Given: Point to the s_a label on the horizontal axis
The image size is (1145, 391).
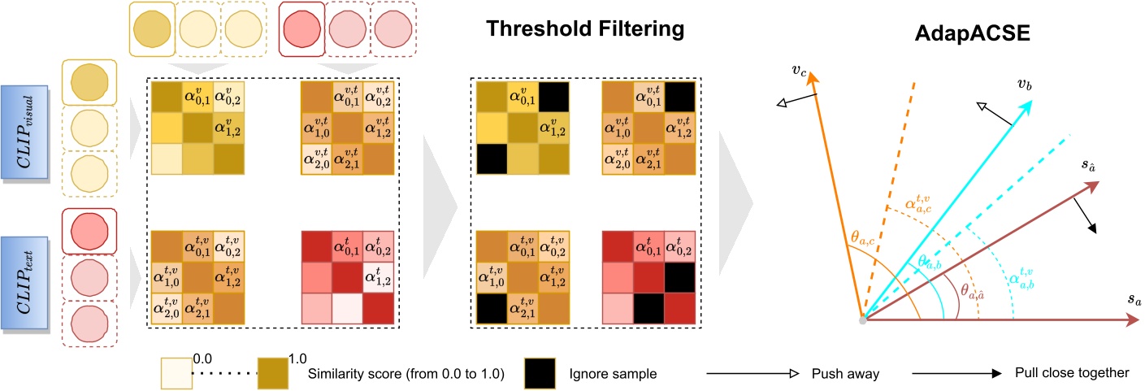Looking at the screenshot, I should pyautogui.click(x=1133, y=301).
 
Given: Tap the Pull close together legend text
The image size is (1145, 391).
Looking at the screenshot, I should pyautogui.click(x=1072, y=373).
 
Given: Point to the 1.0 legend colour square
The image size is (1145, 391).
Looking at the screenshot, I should pyautogui.click(x=273, y=373).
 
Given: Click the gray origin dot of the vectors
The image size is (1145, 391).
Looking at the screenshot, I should pyautogui.click(x=864, y=319).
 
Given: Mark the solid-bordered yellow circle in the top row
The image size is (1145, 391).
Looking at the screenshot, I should pyautogui.click(x=152, y=25).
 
